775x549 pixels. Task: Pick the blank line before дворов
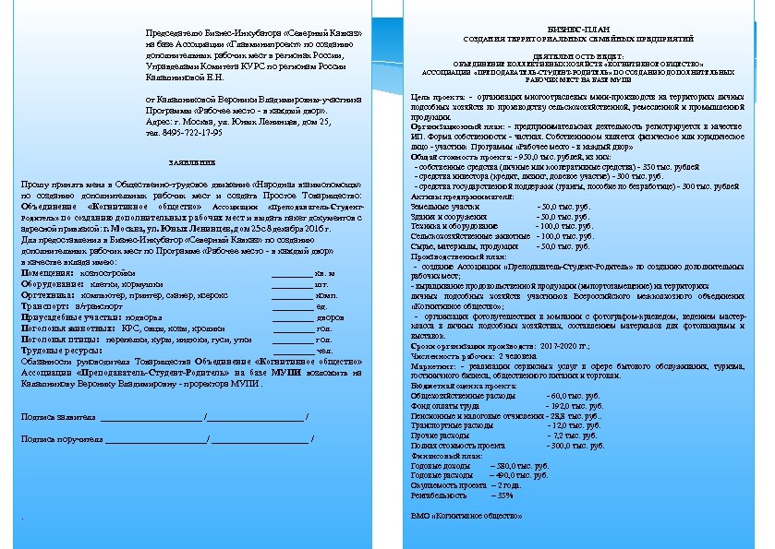[x=293, y=317]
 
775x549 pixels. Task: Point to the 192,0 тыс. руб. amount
[x=572, y=405]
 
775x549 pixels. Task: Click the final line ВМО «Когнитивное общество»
[x=460, y=516]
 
